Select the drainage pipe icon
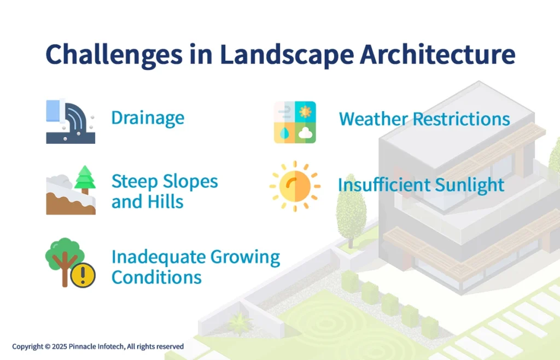[70, 121]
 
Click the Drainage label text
[148, 118]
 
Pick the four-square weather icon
[295, 122]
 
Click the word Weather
[373, 119]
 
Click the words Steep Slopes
[165, 182]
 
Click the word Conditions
[156, 277]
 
